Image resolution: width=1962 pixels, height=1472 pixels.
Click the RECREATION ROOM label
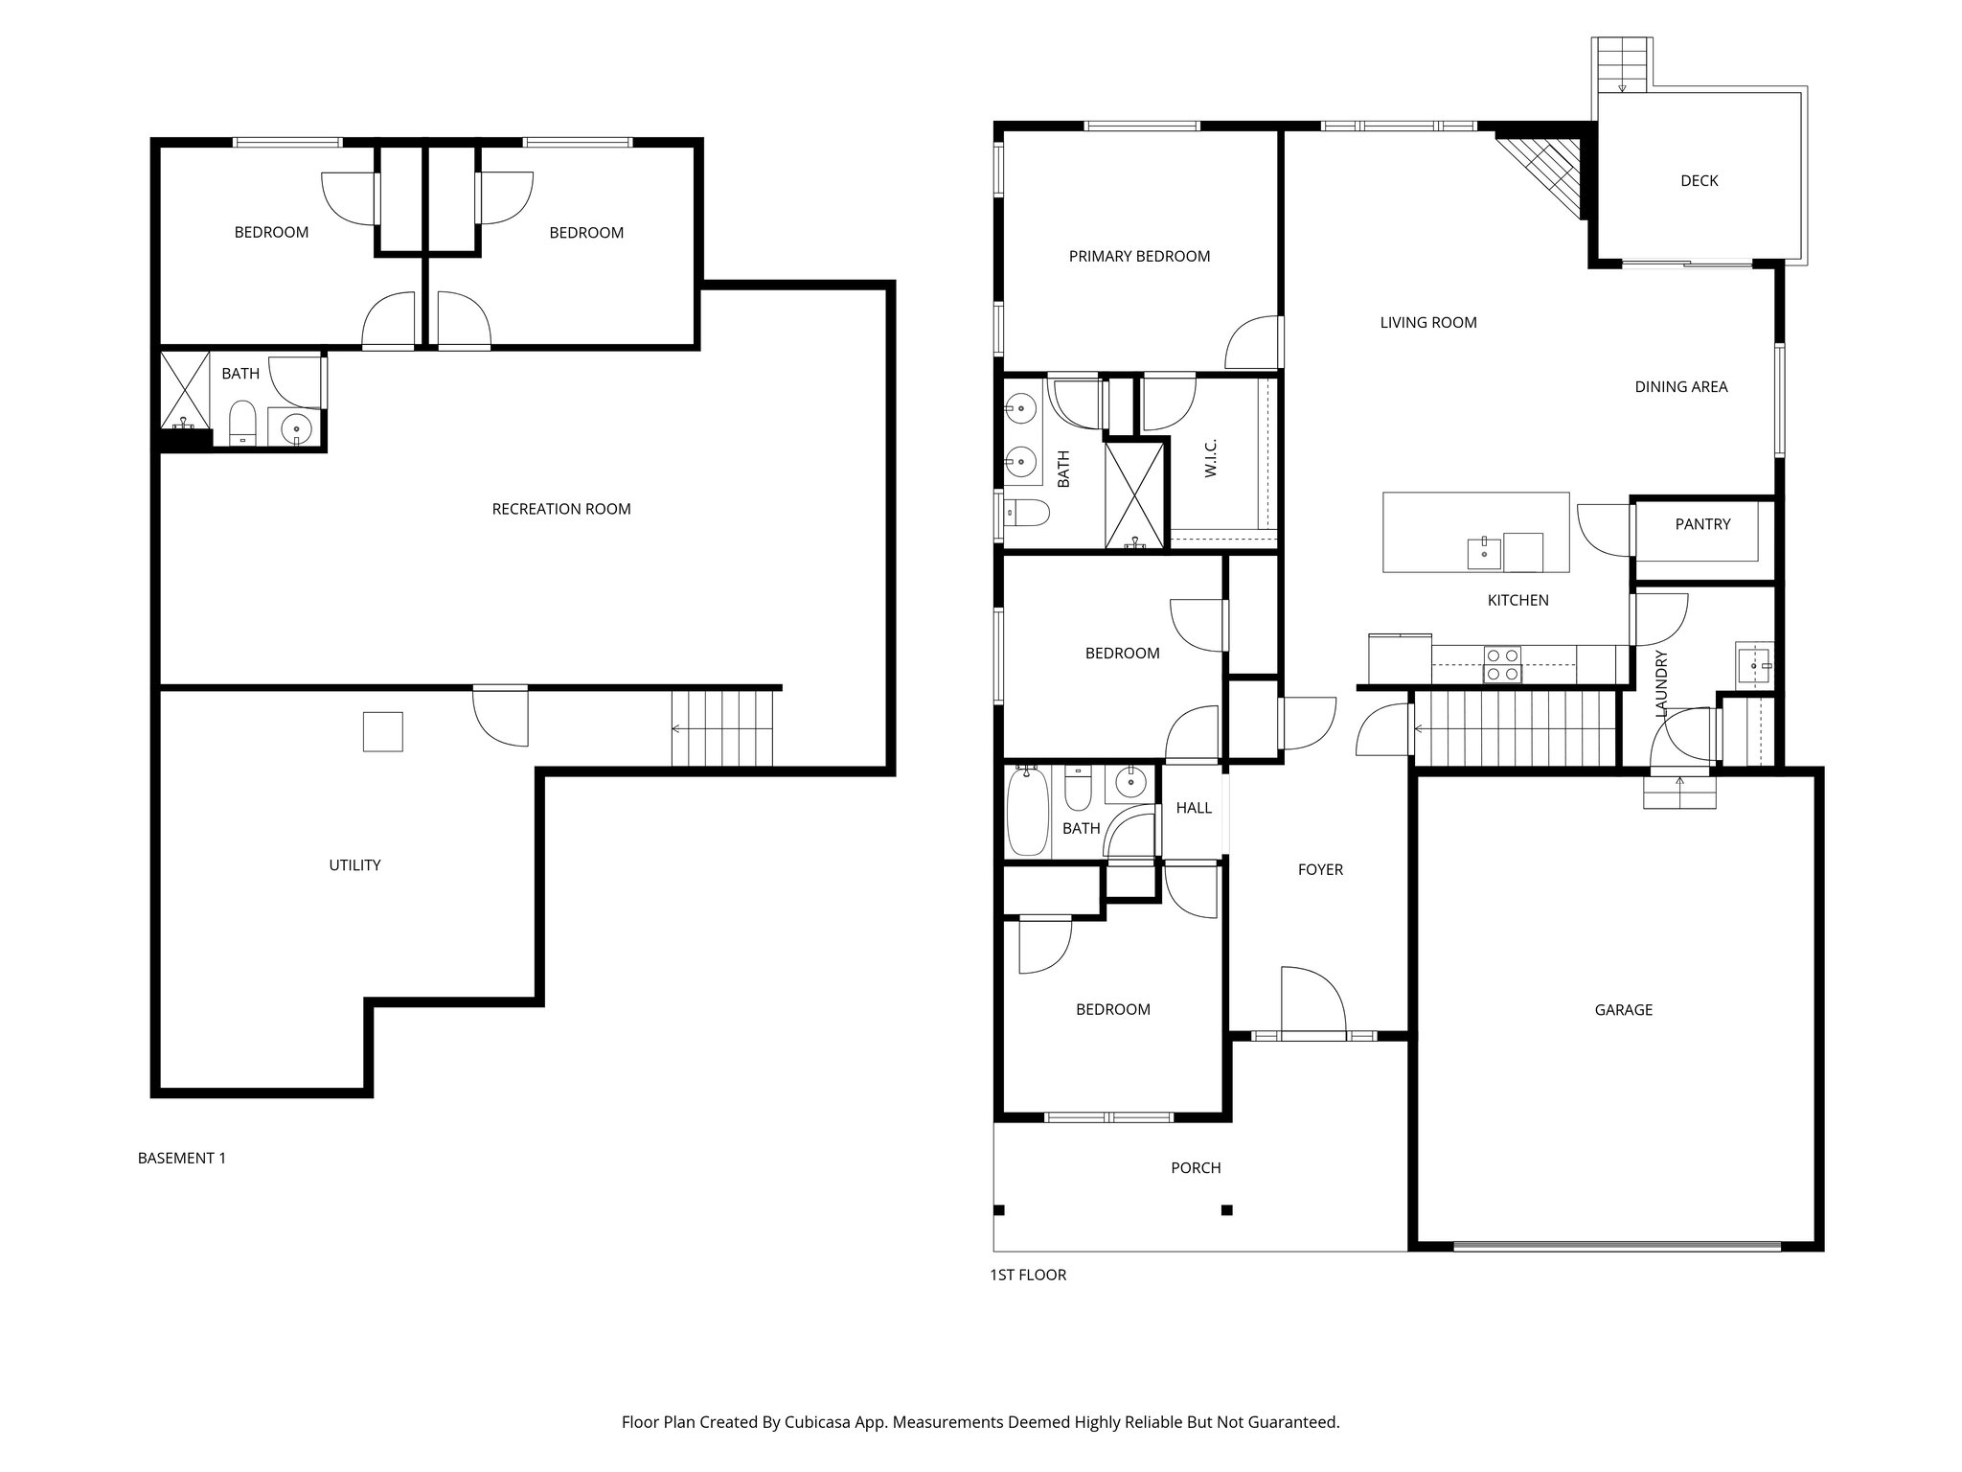pyautogui.click(x=560, y=509)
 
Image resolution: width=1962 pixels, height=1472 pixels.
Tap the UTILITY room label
pyautogui.click(x=354, y=864)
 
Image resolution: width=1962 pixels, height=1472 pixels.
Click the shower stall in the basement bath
pyautogui.click(x=184, y=391)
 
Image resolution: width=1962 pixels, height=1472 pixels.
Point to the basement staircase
pyautogui.click(x=722, y=728)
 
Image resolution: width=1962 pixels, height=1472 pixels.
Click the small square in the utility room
pyautogui.click(x=382, y=731)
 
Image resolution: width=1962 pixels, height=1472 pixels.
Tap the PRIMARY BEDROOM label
pyautogui.click(x=1139, y=256)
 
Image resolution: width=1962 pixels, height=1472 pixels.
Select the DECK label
pyautogui.click(x=1699, y=180)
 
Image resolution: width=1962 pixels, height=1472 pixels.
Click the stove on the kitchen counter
pyautogui.click(x=1501, y=664)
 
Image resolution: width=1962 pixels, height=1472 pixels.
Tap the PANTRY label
pyautogui.click(x=1702, y=524)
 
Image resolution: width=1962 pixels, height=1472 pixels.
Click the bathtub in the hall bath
pyautogui.click(x=1028, y=812)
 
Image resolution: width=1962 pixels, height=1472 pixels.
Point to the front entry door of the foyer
pyautogui.click(x=1313, y=1035)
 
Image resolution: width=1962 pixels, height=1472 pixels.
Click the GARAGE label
pyautogui.click(x=1623, y=1009)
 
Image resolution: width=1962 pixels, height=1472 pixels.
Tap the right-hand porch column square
pyautogui.click(x=1226, y=1209)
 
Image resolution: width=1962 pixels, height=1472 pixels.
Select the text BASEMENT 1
pyautogui.click(x=182, y=1158)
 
